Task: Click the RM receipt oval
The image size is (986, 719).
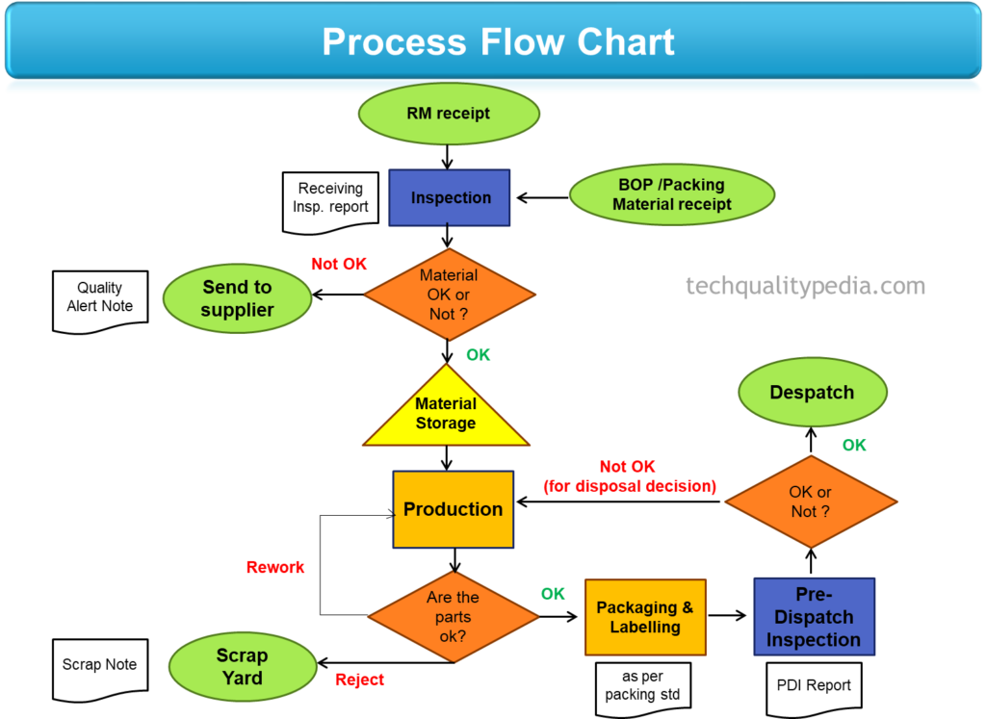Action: [449, 114]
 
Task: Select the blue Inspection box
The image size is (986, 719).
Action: [450, 198]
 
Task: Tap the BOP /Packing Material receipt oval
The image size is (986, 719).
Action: [671, 194]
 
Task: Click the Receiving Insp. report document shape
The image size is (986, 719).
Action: [330, 199]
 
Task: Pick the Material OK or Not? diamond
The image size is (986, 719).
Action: [449, 295]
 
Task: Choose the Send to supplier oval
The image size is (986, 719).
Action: [237, 298]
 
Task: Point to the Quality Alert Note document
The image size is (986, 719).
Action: [100, 299]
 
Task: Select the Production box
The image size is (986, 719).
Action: [453, 509]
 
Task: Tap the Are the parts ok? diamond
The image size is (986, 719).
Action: [453, 617]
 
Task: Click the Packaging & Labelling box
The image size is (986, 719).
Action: [645, 617]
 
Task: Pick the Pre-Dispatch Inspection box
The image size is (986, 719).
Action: [814, 617]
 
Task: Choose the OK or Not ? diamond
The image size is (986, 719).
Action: [811, 501]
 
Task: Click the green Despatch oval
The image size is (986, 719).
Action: [812, 393]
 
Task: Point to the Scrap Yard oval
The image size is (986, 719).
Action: [242, 666]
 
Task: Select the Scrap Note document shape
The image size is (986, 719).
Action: [100, 665]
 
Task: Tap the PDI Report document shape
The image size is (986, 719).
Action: [814, 686]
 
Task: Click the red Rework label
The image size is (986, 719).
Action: [275, 567]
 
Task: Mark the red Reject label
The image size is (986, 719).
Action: [359, 680]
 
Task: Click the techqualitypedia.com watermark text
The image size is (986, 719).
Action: [805, 286]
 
